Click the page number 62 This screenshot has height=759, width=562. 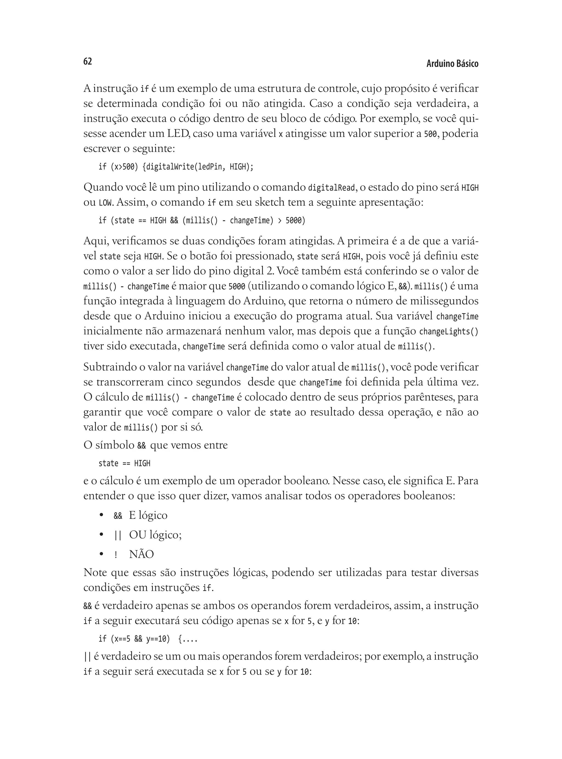[88, 61]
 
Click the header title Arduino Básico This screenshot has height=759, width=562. [452, 64]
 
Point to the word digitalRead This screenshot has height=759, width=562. [332, 188]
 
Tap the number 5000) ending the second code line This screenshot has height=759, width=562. [295, 220]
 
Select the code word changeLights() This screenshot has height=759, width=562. [449, 332]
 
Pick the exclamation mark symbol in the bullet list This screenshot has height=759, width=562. [116, 555]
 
